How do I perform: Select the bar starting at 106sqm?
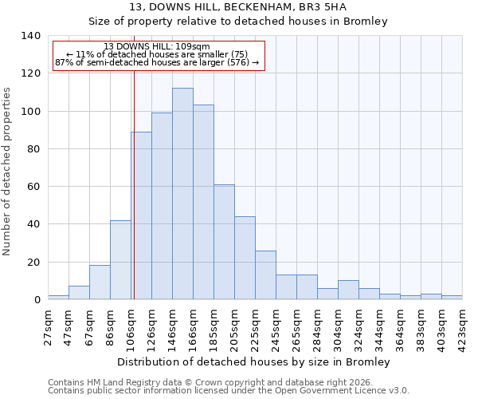[x=141, y=215]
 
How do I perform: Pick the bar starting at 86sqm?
[x=120, y=259]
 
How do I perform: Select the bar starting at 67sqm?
[x=100, y=282]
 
